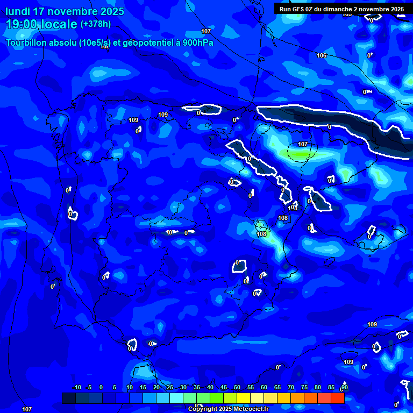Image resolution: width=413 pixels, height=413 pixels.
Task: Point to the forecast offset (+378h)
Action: (x=96, y=24)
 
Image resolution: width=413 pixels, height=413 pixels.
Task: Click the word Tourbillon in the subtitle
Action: (x=30, y=43)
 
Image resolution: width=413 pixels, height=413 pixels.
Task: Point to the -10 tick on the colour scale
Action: (x=76, y=388)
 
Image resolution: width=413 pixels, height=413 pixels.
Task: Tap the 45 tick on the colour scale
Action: (x=223, y=388)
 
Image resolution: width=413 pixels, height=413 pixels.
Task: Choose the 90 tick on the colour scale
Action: (x=344, y=388)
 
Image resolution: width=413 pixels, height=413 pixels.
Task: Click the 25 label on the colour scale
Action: (x=170, y=388)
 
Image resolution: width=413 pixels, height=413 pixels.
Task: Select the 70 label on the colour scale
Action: (x=290, y=388)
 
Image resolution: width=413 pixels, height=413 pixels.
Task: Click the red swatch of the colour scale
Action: (x=337, y=398)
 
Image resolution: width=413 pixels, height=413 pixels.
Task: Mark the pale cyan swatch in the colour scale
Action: (x=176, y=398)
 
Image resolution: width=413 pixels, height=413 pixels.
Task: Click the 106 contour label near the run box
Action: (x=322, y=56)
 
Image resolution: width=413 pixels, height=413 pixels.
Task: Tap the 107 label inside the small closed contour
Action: (x=303, y=144)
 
